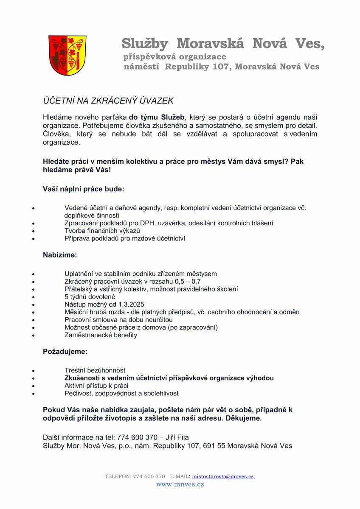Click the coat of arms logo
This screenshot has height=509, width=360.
(x=67, y=55)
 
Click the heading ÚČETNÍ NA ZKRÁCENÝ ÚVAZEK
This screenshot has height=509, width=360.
(x=108, y=101)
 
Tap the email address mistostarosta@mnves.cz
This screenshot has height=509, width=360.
(x=223, y=476)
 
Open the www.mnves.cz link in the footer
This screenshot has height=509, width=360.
(x=180, y=484)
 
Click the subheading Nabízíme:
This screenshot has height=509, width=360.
(x=60, y=255)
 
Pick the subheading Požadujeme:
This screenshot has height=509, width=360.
(x=65, y=351)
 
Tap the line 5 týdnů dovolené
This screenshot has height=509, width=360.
(x=90, y=296)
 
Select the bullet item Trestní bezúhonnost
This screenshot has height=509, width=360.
(x=95, y=370)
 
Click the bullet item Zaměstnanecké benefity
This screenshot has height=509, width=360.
(x=101, y=335)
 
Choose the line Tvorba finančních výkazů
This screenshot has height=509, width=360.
(x=102, y=230)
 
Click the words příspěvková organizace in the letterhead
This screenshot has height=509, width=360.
(x=174, y=57)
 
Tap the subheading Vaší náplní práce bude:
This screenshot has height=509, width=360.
(x=84, y=189)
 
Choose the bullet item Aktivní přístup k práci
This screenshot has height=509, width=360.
(x=96, y=386)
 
